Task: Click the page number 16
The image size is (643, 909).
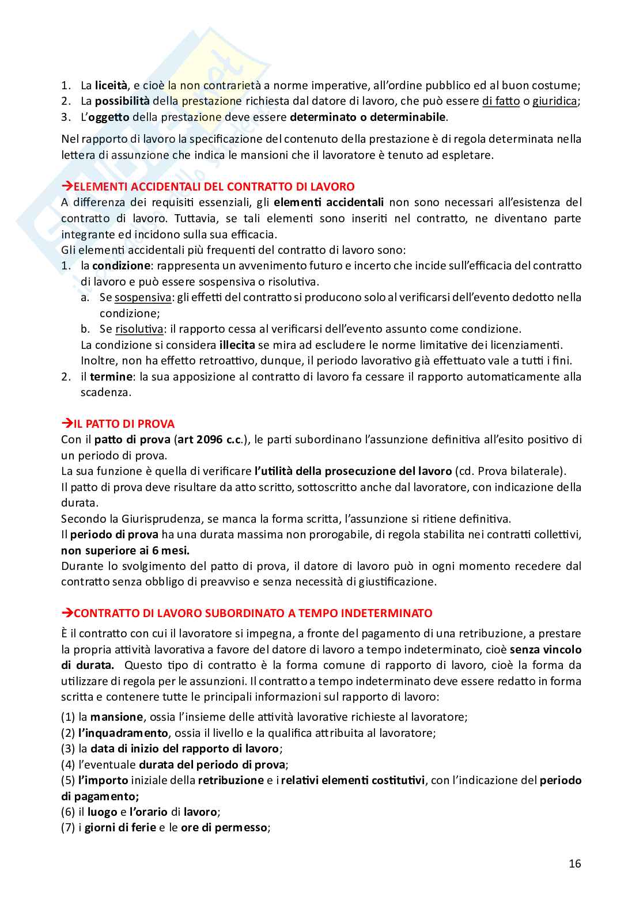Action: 574,864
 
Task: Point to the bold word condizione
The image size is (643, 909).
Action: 121,266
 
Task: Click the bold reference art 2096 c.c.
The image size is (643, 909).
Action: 210,440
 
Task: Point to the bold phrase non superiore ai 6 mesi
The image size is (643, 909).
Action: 125,550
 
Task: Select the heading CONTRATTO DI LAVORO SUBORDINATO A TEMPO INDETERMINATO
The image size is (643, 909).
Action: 253,613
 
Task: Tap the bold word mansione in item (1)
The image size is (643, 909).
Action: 116,717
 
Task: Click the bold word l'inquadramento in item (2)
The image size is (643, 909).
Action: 123,733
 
